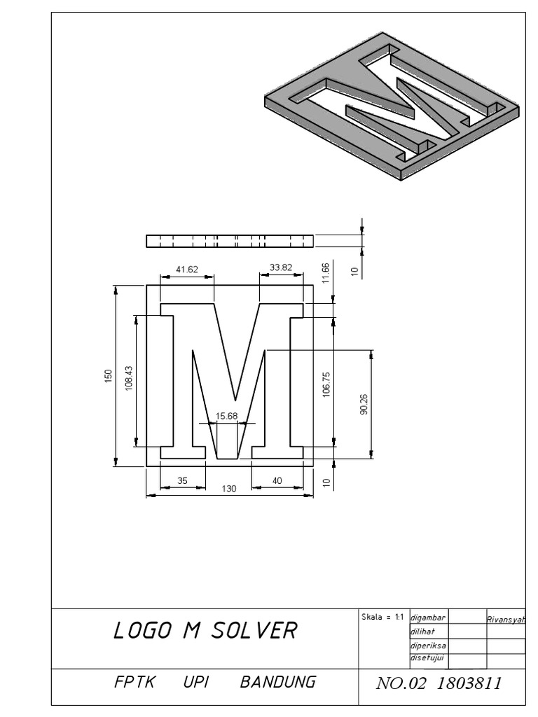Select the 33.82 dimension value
(x=280, y=268)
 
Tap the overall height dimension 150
(x=108, y=375)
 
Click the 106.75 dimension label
(x=326, y=384)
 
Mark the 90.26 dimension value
(x=364, y=404)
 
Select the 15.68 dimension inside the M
(x=227, y=416)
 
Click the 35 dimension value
(x=182, y=481)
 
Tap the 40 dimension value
(x=277, y=481)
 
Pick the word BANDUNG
(x=277, y=682)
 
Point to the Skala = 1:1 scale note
(x=382, y=617)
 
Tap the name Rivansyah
(x=505, y=620)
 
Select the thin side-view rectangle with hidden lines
(x=229, y=241)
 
